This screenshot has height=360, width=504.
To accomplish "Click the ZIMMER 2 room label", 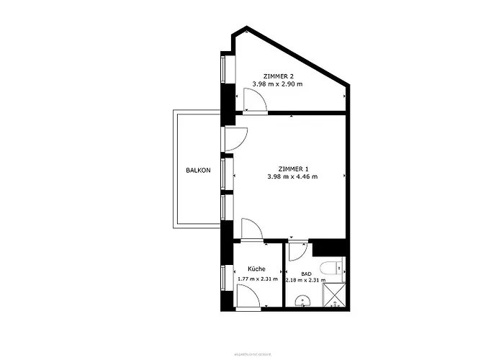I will click(278, 76).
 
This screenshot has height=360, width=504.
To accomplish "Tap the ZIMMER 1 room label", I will click(292, 168).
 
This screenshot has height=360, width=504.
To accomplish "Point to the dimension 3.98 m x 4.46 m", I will click(292, 176).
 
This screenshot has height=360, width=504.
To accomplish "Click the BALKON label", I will click(198, 171).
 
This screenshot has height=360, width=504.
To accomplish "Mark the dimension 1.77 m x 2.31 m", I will click(257, 278).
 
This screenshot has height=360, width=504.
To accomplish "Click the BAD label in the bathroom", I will click(306, 274).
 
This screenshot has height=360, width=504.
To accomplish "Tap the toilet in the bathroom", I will click(333, 269).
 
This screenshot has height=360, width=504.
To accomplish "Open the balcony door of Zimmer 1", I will click(235, 139).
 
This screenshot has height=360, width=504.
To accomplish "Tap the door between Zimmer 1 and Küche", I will click(251, 230).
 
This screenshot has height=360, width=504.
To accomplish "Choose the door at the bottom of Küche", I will click(248, 296).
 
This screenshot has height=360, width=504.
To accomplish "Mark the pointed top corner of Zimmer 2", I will click(246, 30).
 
